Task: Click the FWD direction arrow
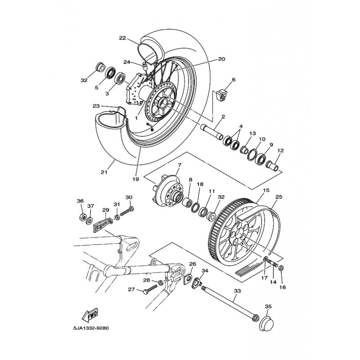(90, 315)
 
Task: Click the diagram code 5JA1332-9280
(91, 328)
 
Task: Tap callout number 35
(268, 306)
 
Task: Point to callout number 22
(122, 38)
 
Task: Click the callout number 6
(234, 80)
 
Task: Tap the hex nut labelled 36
(82, 216)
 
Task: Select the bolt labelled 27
(150, 289)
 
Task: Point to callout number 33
(238, 291)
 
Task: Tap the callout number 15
(266, 190)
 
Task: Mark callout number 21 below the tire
(104, 172)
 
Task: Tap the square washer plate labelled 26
(188, 279)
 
